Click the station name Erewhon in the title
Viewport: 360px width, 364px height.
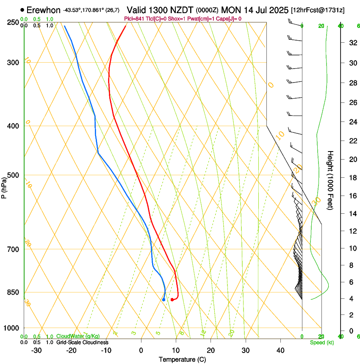[44, 10]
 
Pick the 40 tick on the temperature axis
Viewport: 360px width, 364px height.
[280, 350]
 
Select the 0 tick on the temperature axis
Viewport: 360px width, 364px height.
[141, 350]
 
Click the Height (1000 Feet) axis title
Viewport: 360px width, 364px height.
[330, 180]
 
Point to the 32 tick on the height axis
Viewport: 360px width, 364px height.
[352, 43]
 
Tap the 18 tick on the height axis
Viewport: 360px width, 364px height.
[352, 178]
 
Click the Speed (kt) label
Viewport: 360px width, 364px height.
[321, 342]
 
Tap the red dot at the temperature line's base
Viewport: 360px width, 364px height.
[172, 300]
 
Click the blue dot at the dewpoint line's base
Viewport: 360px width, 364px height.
[163, 300]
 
